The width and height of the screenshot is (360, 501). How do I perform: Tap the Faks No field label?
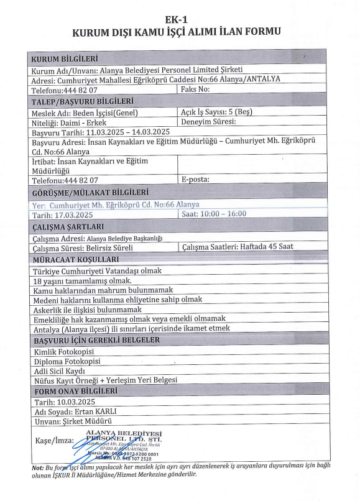(196, 90)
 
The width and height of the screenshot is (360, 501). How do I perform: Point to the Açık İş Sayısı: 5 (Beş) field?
(216, 113)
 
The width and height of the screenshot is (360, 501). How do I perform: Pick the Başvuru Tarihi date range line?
(101, 132)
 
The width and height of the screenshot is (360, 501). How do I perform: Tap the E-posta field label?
(196, 180)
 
